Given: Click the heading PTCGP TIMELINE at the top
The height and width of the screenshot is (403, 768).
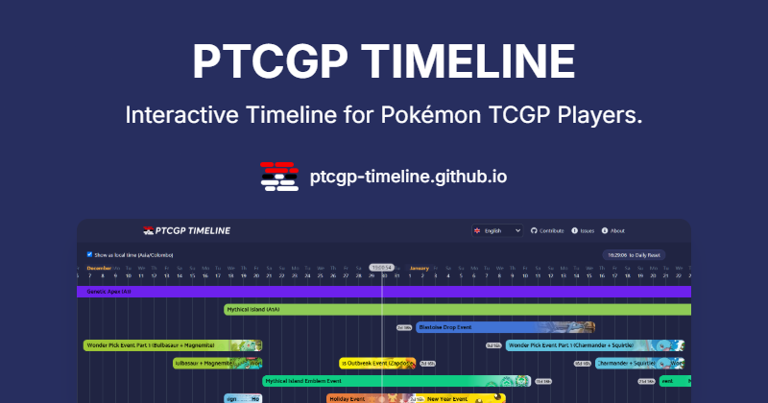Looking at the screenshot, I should (x=384, y=61).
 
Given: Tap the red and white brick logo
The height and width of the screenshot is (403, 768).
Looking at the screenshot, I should (x=278, y=177).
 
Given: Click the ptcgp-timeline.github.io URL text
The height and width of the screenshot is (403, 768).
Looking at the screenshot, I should (x=409, y=177).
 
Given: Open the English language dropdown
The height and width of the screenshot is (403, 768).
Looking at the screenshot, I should (x=496, y=230).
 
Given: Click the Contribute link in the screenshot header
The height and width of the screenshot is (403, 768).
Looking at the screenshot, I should (x=547, y=230).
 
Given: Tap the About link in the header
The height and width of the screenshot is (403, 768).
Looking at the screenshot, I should (x=613, y=230).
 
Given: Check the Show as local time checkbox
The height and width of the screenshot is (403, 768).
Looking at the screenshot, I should (x=89, y=254).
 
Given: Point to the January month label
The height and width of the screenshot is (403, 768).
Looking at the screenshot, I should (x=419, y=267).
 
